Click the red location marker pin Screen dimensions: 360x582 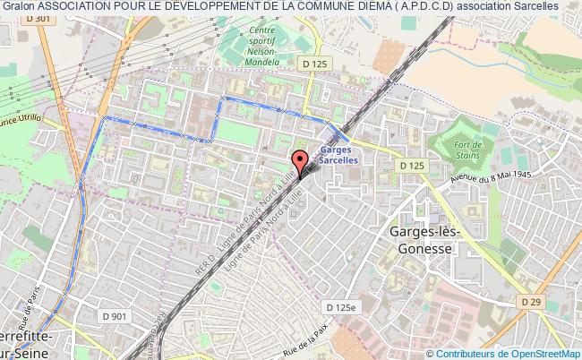[300, 161]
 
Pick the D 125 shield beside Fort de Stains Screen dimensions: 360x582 [412, 166]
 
